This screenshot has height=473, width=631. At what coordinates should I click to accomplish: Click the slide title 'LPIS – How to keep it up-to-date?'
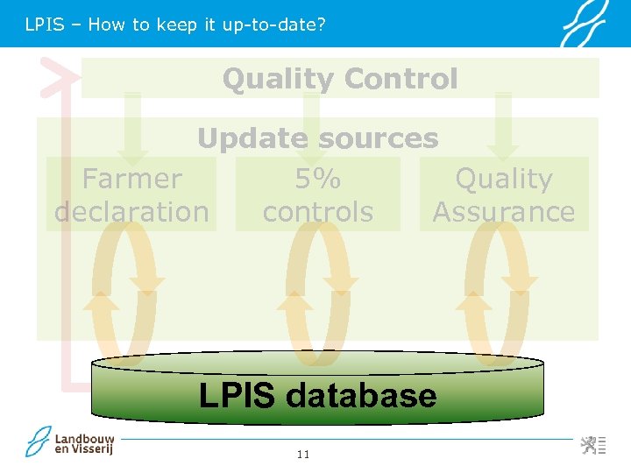(x=175, y=25)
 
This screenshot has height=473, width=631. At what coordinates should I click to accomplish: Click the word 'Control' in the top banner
(x=401, y=79)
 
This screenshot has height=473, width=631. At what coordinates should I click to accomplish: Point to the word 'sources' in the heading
(x=379, y=138)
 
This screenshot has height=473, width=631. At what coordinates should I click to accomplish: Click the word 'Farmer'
(x=131, y=179)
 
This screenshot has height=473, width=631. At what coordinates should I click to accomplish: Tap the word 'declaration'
(x=131, y=212)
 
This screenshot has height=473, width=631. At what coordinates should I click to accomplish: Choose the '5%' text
(x=317, y=179)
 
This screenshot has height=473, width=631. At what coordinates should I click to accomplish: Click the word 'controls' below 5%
(x=317, y=212)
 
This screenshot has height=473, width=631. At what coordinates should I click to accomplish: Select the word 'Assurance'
(x=504, y=212)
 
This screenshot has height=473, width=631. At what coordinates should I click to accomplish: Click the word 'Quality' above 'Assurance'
(x=504, y=179)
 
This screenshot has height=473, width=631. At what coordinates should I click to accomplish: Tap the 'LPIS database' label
(x=317, y=395)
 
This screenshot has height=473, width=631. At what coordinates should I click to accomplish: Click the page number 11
(x=303, y=454)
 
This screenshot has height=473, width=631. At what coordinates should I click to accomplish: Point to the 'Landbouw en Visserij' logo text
(x=84, y=444)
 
